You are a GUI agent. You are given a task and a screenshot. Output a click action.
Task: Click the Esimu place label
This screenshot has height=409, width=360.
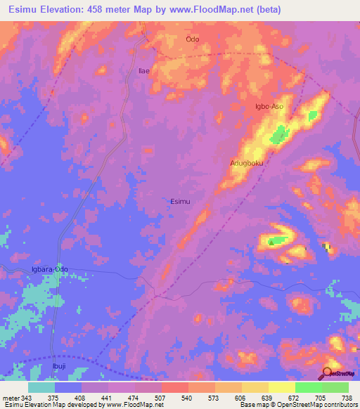click(180, 201)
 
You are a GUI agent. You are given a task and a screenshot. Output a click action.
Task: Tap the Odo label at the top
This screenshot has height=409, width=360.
click(193, 39)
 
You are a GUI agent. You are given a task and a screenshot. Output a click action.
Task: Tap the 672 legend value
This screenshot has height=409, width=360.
click(282, 397)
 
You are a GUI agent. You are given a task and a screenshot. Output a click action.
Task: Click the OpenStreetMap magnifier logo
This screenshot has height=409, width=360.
click(328, 373)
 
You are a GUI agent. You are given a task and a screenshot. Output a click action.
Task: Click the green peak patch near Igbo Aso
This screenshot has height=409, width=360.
click(281, 131)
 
